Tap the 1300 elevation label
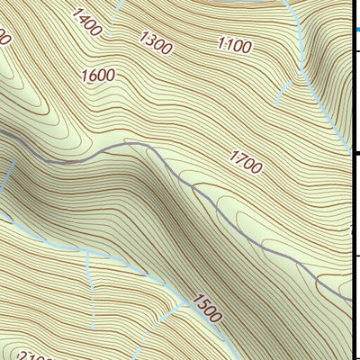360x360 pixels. (x=155, y=40)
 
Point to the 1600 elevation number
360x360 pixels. (x=97, y=76)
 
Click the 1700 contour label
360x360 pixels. (x=246, y=163)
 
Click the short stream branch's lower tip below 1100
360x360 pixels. (x=277, y=99)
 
